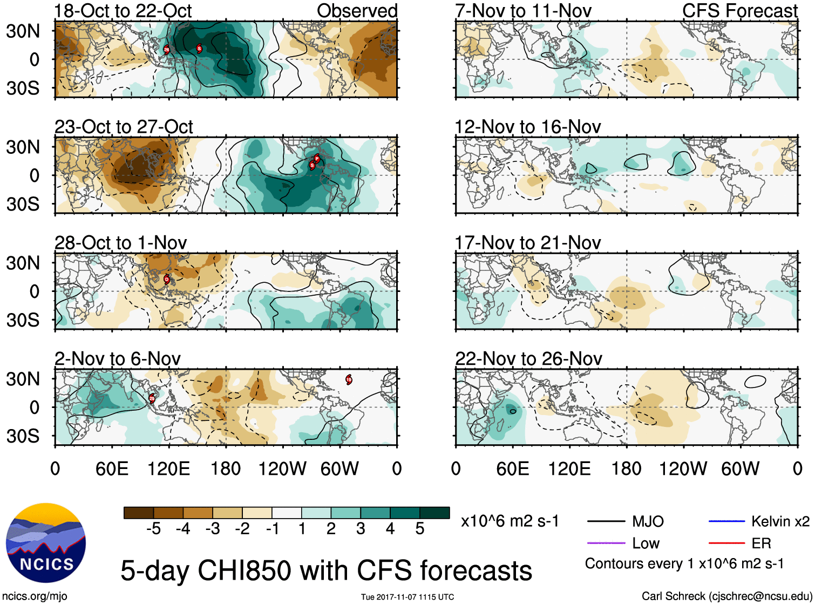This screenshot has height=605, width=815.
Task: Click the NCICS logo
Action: pyautogui.click(x=46, y=542)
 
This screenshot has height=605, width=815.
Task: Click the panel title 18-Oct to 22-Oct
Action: pyautogui.click(x=123, y=11)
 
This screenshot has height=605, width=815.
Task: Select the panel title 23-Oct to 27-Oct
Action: pyautogui.click(x=124, y=127)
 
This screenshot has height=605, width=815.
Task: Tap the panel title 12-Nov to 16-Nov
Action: pyautogui.click(x=527, y=127)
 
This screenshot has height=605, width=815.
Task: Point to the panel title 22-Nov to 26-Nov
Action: pyautogui.click(x=528, y=359)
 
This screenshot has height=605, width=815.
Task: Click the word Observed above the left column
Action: pyautogui.click(x=357, y=11)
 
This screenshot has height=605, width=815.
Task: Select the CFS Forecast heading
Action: pyautogui.click(x=739, y=11)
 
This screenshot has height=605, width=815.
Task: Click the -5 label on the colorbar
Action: pyautogui.click(x=153, y=529)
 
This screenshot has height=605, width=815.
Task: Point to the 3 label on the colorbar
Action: pyautogui.click(x=361, y=529)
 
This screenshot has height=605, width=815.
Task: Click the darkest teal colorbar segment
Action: pyautogui.click(x=434, y=513)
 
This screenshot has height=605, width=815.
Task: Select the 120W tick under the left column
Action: pyautogui.click(x=282, y=468)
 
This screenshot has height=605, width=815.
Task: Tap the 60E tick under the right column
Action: pyautogui.click(x=512, y=468)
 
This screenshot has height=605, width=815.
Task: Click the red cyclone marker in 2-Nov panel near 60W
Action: pyautogui.click(x=349, y=379)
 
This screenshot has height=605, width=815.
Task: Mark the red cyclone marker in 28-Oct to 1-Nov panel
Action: pyautogui.click(x=167, y=279)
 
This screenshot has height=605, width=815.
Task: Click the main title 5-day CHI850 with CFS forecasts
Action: pyautogui.click(x=326, y=570)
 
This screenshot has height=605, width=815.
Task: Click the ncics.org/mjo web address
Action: pyautogui.click(x=35, y=596)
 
